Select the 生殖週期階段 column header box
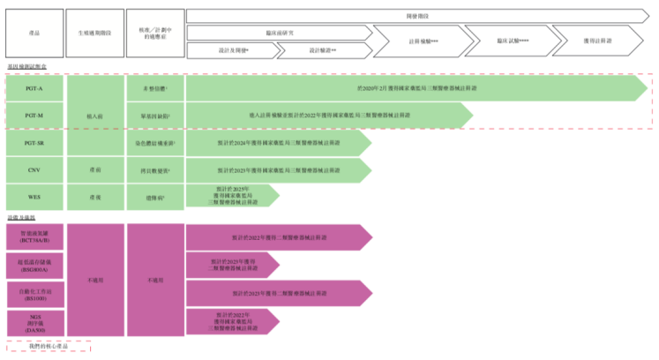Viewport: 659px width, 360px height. point(94,34)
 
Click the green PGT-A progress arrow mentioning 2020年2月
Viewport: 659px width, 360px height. point(415,89)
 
